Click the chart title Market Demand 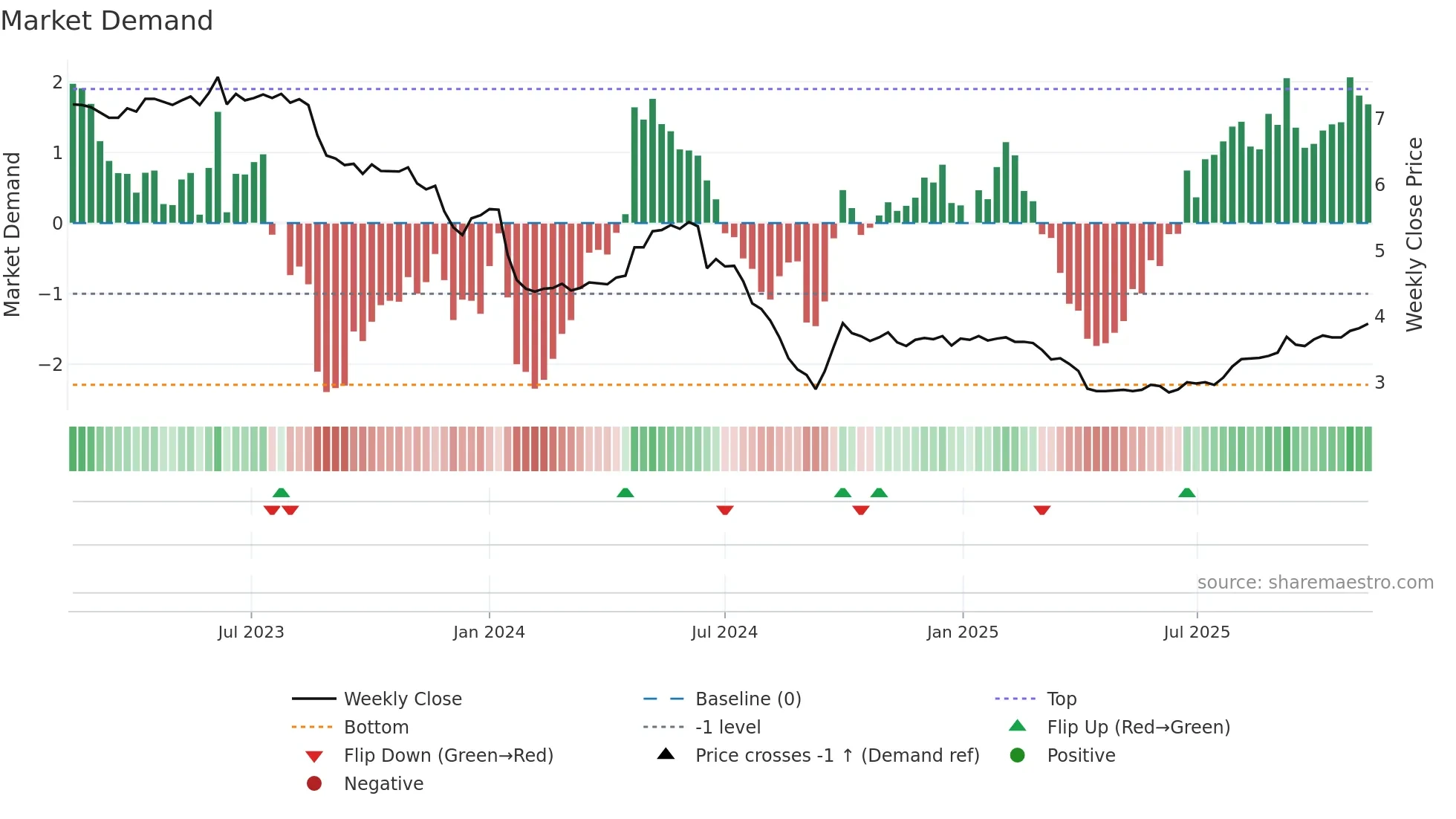[x=107, y=21]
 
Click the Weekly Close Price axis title [x=1414, y=234]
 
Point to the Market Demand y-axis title [x=12, y=234]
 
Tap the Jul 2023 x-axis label [x=251, y=632]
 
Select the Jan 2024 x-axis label [x=489, y=632]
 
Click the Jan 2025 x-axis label [x=963, y=632]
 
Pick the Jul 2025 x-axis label [x=1197, y=632]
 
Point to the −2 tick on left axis [x=51, y=364]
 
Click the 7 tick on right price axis [x=1379, y=119]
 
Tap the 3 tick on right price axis [x=1379, y=383]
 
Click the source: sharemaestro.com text [x=1315, y=583]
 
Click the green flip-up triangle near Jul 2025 [x=1187, y=493]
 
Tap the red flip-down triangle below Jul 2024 [x=725, y=510]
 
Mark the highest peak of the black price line [x=218, y=77]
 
